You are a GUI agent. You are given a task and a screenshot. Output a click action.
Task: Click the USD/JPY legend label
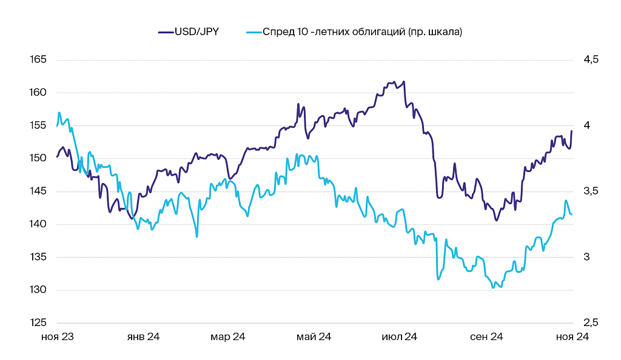(196, 32)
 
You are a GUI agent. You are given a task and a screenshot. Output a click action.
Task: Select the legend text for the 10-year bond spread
(362, 32)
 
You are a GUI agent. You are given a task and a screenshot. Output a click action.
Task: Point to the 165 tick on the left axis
(38, 60)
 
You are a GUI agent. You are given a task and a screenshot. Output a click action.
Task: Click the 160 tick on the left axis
(38, 93)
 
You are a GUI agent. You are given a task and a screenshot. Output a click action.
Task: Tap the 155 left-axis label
(38, 125)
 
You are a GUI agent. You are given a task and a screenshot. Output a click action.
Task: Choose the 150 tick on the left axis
(38, 158)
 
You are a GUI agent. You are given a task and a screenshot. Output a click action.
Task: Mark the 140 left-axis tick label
(38, 224)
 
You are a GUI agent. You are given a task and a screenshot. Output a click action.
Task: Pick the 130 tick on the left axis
(38, 290)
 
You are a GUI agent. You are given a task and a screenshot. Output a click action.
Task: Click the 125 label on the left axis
(38, 322)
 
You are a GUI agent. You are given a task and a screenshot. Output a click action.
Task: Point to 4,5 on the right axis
(591, 60)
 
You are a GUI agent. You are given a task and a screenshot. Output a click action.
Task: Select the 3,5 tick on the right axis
(591, 192)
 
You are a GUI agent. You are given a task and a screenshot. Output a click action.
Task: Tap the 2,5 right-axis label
(591, 322)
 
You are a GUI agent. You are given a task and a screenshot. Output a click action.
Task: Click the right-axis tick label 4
(586, 125)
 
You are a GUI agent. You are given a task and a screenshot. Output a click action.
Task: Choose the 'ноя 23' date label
(57, 337)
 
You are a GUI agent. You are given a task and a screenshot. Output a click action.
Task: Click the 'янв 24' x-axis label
(143, 337)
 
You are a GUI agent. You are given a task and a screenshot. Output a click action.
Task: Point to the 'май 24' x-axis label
(314, 337)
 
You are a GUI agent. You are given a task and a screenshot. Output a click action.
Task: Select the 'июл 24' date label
(399, 337)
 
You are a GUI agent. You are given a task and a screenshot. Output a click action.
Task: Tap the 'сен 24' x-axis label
(486, 337)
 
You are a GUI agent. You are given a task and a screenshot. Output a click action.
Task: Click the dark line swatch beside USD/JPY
(166, 32)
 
